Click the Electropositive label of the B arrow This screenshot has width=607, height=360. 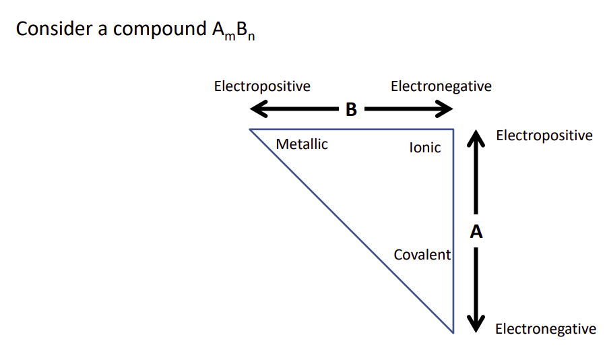click(x=262, y=86)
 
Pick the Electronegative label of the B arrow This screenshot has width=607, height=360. click(x=441, y=86)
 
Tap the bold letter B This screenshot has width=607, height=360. click(x=351, y=109)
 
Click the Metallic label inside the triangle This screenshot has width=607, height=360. click(x=302, y=144)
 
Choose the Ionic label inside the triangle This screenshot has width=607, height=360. click(x=425, y=148)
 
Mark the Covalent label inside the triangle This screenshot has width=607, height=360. click(x=422, y=255)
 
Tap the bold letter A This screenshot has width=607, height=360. click(x=476, y=232)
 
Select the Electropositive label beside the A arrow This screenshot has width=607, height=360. click(x=544, y=136)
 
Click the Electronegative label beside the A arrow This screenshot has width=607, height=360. click(x=545, y=329)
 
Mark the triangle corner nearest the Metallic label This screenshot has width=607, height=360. click(x=250, y=129)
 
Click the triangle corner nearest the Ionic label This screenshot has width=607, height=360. click(x=453, y=129)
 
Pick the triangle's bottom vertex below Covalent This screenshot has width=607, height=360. click(x=453, y=332)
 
